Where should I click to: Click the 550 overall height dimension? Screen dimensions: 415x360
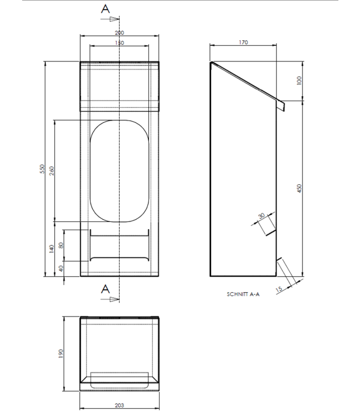[x=41, y=169]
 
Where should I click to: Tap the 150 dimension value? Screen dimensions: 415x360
[x=120, y=43]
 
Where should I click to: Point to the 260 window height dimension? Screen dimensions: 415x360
[x=52, y=170]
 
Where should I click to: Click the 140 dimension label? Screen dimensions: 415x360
[x=52, y=249]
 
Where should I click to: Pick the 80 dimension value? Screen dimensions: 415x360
[x=61, y=244]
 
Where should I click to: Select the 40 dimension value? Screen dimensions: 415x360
[x=61, y=268]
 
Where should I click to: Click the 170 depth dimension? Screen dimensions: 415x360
[x=243, y=42]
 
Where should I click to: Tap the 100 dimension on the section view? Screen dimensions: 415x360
[x=299, y=81]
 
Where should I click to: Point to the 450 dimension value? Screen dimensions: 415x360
[x=299, y=189]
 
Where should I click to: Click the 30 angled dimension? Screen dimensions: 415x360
[x=260, y=216]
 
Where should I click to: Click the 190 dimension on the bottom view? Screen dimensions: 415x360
[x=61, y=353]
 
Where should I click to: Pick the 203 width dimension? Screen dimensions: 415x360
[x=120, y=405]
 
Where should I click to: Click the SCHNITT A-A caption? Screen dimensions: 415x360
[x=243, y=294]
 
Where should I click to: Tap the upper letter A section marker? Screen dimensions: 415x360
[x=106, y=8]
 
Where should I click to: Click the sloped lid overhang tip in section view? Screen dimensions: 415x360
[x=281, y=106]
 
